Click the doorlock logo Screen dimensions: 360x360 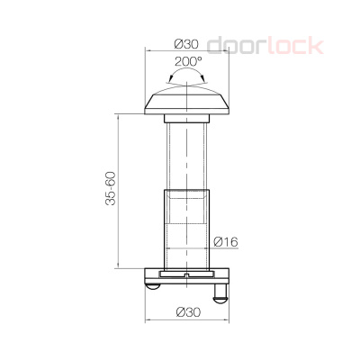point(265,45)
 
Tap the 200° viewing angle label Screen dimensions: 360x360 point(186,64)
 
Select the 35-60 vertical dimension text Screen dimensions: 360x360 point(110,189)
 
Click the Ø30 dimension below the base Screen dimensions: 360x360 point(187,311)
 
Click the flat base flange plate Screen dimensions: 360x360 point(186,275)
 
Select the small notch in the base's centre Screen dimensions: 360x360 point(186,273)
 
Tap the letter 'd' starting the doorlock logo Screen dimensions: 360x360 point(214,46)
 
